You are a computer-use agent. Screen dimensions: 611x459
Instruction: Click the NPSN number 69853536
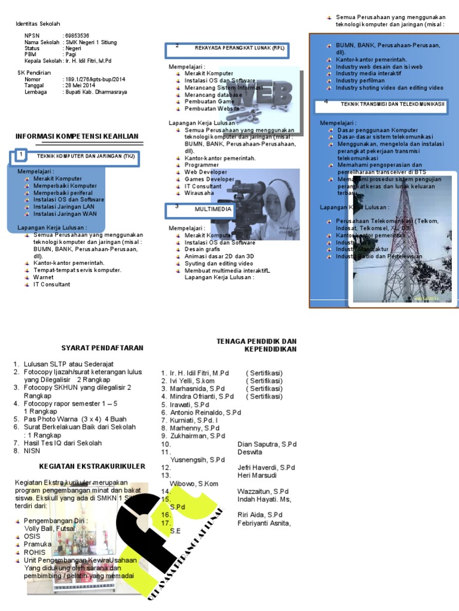[77, 36]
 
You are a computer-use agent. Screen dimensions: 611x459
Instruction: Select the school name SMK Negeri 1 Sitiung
[91, 42]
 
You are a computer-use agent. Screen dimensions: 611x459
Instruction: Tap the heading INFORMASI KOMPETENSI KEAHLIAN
[76, 137]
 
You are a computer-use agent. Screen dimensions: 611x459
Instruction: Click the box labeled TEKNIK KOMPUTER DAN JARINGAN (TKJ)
[81, 156]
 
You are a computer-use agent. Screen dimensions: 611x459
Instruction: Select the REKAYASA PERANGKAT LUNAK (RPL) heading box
[233, 48]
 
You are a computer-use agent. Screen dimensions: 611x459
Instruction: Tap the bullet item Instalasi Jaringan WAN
[65, 214]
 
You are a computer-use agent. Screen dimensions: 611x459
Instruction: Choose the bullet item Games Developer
[209, 179]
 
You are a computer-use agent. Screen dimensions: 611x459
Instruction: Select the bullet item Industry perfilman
[360, 81]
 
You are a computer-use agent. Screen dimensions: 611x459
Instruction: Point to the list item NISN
[32, 451]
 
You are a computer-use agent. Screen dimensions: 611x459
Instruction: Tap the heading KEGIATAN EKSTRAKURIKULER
[92, 465]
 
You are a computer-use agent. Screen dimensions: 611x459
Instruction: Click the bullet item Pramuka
[38, 545]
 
